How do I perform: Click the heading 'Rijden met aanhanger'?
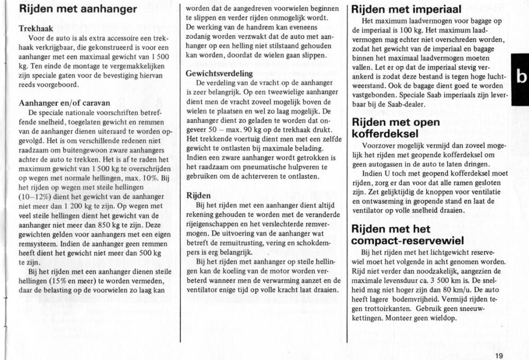[x=77, y=9]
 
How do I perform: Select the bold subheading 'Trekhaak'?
[x=35, y=29]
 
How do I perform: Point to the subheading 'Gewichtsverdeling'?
[x=219, y=73]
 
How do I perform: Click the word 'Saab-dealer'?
[x=406, y=104]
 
